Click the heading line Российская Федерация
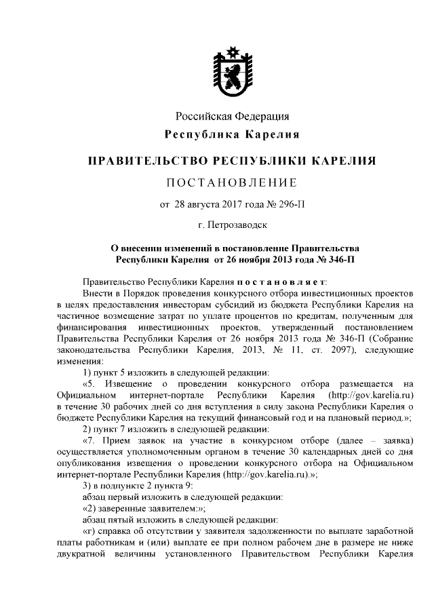pos(233,117)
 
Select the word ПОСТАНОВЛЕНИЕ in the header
pos(233,183)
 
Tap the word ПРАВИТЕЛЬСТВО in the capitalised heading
pos(149,161)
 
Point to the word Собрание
pos(394,339)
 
